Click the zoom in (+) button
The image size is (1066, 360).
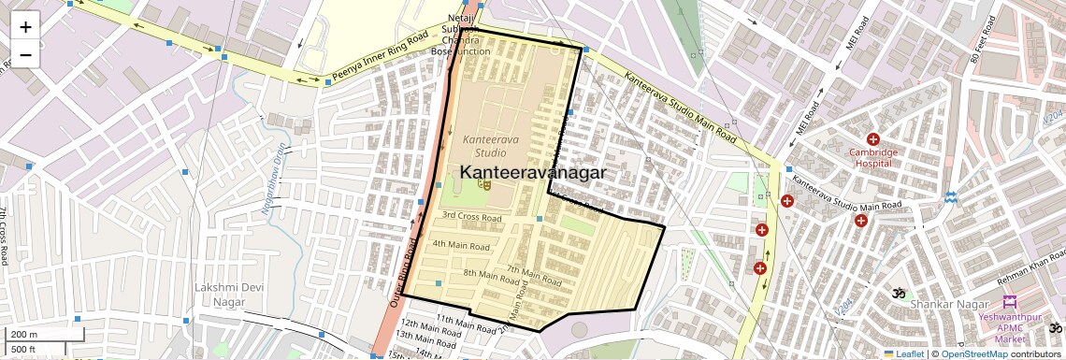[x=25, y=27]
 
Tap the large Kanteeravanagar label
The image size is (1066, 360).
[x=533, y=173]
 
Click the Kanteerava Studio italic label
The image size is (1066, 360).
[x=484, y=146]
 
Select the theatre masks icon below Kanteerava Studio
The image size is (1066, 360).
[x=483, y=185]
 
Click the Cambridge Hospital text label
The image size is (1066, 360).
[x=873, y=157]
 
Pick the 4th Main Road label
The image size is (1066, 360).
[x=461, y=246]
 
